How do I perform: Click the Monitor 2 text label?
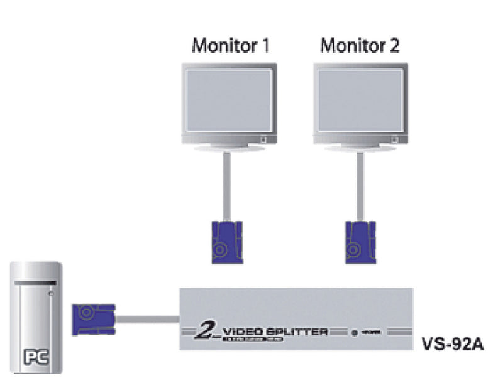tap(359, 46)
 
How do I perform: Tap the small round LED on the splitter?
tap(355, 332)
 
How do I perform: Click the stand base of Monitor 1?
tap(224, 148)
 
